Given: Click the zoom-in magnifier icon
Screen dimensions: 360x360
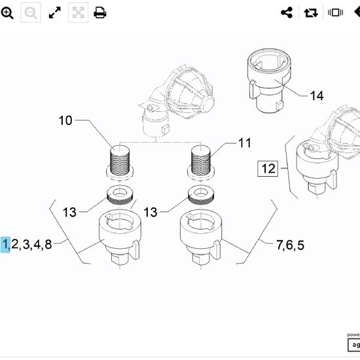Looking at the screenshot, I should tap(8, 12).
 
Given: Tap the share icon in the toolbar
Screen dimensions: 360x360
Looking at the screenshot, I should tap(286, 12).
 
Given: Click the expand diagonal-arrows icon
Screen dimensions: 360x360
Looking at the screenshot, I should tap(55, 12).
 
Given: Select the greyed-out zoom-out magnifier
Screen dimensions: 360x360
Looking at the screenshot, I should tap(31, 12).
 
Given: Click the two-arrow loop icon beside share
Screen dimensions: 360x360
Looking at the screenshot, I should tap(310, 12).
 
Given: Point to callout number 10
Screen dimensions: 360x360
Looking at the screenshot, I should tap(65, 120).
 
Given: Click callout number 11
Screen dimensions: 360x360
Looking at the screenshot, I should tap(244, 143).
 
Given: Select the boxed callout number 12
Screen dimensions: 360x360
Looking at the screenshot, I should tap(268, 168).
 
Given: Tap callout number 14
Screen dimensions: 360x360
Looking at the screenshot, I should tap(316, 96).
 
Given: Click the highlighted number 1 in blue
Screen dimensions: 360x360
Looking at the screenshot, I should tap(5, 245).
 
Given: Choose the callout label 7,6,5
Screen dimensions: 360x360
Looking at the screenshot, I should tap(289, 245).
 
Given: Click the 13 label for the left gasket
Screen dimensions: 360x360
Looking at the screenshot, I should tap(69, 212).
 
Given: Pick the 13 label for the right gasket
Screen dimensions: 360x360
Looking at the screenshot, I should tap(151, 212).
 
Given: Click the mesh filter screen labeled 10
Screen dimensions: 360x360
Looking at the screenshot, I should tap(120, 159).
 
